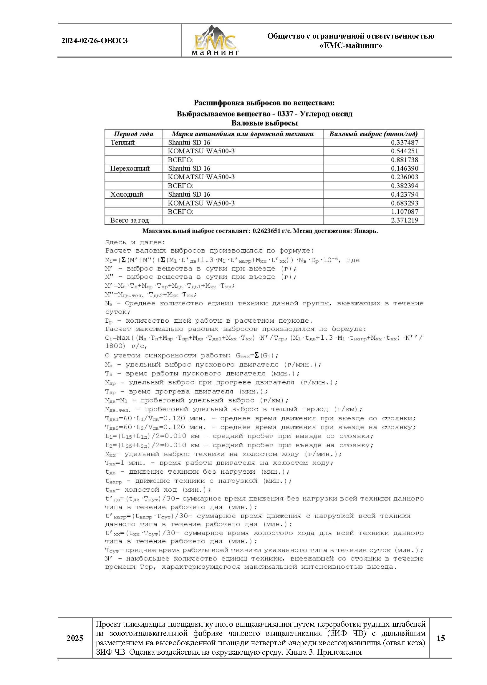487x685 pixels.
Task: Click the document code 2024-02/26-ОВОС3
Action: (95, 41)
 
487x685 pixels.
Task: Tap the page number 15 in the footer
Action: (440, 638)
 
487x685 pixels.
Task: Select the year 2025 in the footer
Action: (75, 638)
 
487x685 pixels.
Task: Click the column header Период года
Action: (133, 134)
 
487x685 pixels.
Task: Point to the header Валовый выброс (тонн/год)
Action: (373, 134)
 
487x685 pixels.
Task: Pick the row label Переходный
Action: (130, 168)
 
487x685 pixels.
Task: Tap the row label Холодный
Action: (127, 194)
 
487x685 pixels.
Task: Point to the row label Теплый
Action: (123, 142)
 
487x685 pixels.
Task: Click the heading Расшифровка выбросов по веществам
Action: (264, 103)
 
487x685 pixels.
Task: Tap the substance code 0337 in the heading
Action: (285, 114)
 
